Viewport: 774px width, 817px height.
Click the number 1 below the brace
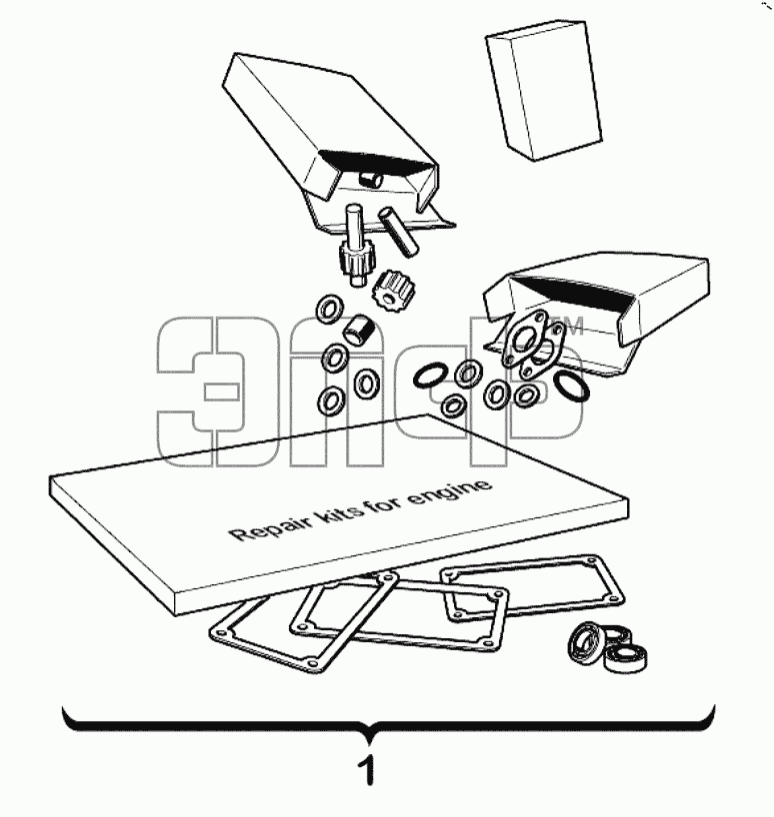(x=368, y=771)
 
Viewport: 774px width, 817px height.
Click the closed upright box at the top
(x=543, y=90)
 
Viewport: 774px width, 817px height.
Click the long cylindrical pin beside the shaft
(x=398, y=232)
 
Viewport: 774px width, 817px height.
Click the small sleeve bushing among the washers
(x=357, y=330)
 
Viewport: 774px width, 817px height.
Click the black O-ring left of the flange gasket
(x=429, y=376)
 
